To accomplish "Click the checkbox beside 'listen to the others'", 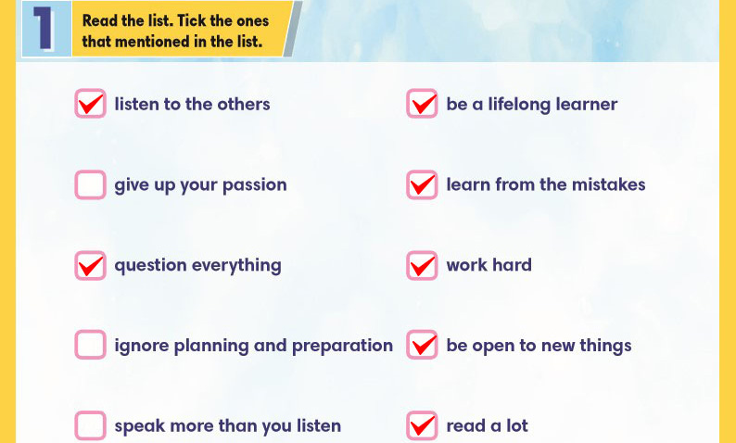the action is pyautogui.click(x=90, y=104).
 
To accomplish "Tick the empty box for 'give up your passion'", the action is pyautogui.click(x=90, y=184).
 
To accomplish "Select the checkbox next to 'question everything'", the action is pyautogui.click(x=90, y=265).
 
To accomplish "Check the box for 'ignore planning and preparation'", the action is pyautogui.click(x=90, y=345).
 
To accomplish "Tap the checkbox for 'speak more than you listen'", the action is pyautogui.click(x=90, y=425).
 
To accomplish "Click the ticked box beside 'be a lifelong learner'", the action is pyautogui.click(x=422, y=104).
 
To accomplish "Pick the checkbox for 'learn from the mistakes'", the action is pyautogui.click(x=422, y=184).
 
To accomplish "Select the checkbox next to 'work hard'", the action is pyautogui.click(x=422, y=265).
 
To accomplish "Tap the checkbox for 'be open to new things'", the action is pyautogui.click(x=422, y=345).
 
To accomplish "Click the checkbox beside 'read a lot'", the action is pyautogui.click(x=422, y=425).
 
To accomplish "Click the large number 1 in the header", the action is pyautogui.click(x=44, y=29).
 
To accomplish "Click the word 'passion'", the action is pyautogui.click(x=254, y=186).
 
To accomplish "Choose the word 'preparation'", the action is pyautogui.click(x=342, y=347).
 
